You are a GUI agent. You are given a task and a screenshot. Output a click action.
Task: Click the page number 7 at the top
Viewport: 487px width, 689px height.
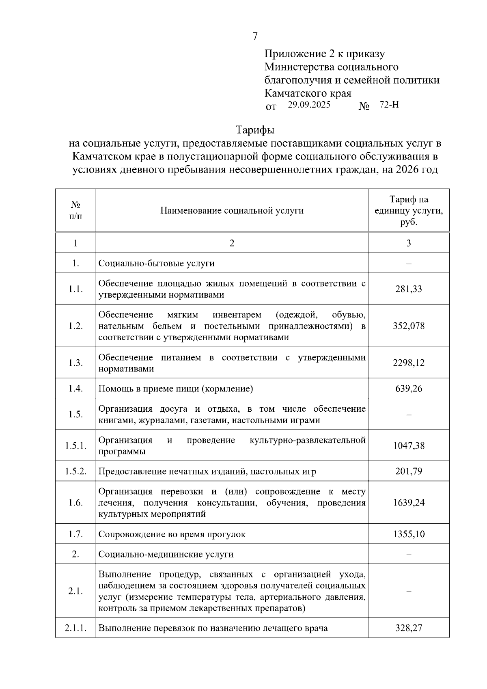[255, 37]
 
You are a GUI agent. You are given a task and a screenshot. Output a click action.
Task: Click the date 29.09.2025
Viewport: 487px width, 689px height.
[309, 105]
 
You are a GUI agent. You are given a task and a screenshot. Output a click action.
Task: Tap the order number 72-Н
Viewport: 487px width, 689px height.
[389, 105]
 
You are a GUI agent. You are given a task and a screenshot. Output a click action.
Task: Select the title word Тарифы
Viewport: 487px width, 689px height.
[255, 130]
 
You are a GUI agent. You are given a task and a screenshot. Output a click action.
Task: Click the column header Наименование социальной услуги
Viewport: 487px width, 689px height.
[232, 210]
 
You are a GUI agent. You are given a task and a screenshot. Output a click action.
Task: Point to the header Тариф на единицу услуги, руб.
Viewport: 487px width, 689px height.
[408, 210]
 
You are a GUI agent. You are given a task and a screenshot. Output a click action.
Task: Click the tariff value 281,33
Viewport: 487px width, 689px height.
[408, 289]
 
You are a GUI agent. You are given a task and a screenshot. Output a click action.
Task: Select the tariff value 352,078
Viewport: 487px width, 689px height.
[408, 326]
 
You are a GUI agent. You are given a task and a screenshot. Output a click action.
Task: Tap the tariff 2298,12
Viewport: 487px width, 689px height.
[408, 363]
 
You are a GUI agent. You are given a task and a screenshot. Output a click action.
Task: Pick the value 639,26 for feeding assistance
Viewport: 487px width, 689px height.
[408, 389]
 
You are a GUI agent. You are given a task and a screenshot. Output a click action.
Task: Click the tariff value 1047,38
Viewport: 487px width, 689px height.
[408, 446]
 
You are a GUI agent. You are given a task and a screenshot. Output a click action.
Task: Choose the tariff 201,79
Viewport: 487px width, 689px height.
[408, 471]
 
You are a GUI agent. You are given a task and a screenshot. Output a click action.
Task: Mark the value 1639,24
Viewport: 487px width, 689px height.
[408, 503]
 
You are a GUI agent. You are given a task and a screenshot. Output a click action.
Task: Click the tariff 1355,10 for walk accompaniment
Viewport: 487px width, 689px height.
[408, 534]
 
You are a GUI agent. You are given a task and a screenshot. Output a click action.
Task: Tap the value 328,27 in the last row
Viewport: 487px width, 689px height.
[408, 628]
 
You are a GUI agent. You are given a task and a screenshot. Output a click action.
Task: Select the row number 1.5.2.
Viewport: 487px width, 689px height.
[75, 471]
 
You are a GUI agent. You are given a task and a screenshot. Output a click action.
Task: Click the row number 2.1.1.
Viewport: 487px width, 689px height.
[75, 628]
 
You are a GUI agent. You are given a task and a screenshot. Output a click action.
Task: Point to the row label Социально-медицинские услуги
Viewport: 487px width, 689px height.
[166, 554]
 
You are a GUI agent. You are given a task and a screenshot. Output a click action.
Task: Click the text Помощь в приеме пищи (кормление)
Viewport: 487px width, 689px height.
[176, 389]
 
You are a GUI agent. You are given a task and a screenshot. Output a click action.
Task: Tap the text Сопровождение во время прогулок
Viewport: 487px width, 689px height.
[172, 534]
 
